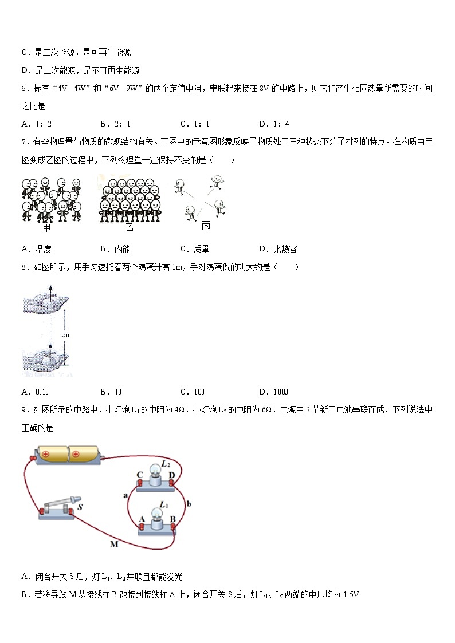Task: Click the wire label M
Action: point(113,544)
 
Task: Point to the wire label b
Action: point(189,504)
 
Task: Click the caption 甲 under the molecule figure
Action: point(46,227)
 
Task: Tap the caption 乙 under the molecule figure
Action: point(129,227)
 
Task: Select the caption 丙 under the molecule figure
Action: point(206,225)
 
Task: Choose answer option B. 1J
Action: point(111,392)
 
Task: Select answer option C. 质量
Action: point(195,249)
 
